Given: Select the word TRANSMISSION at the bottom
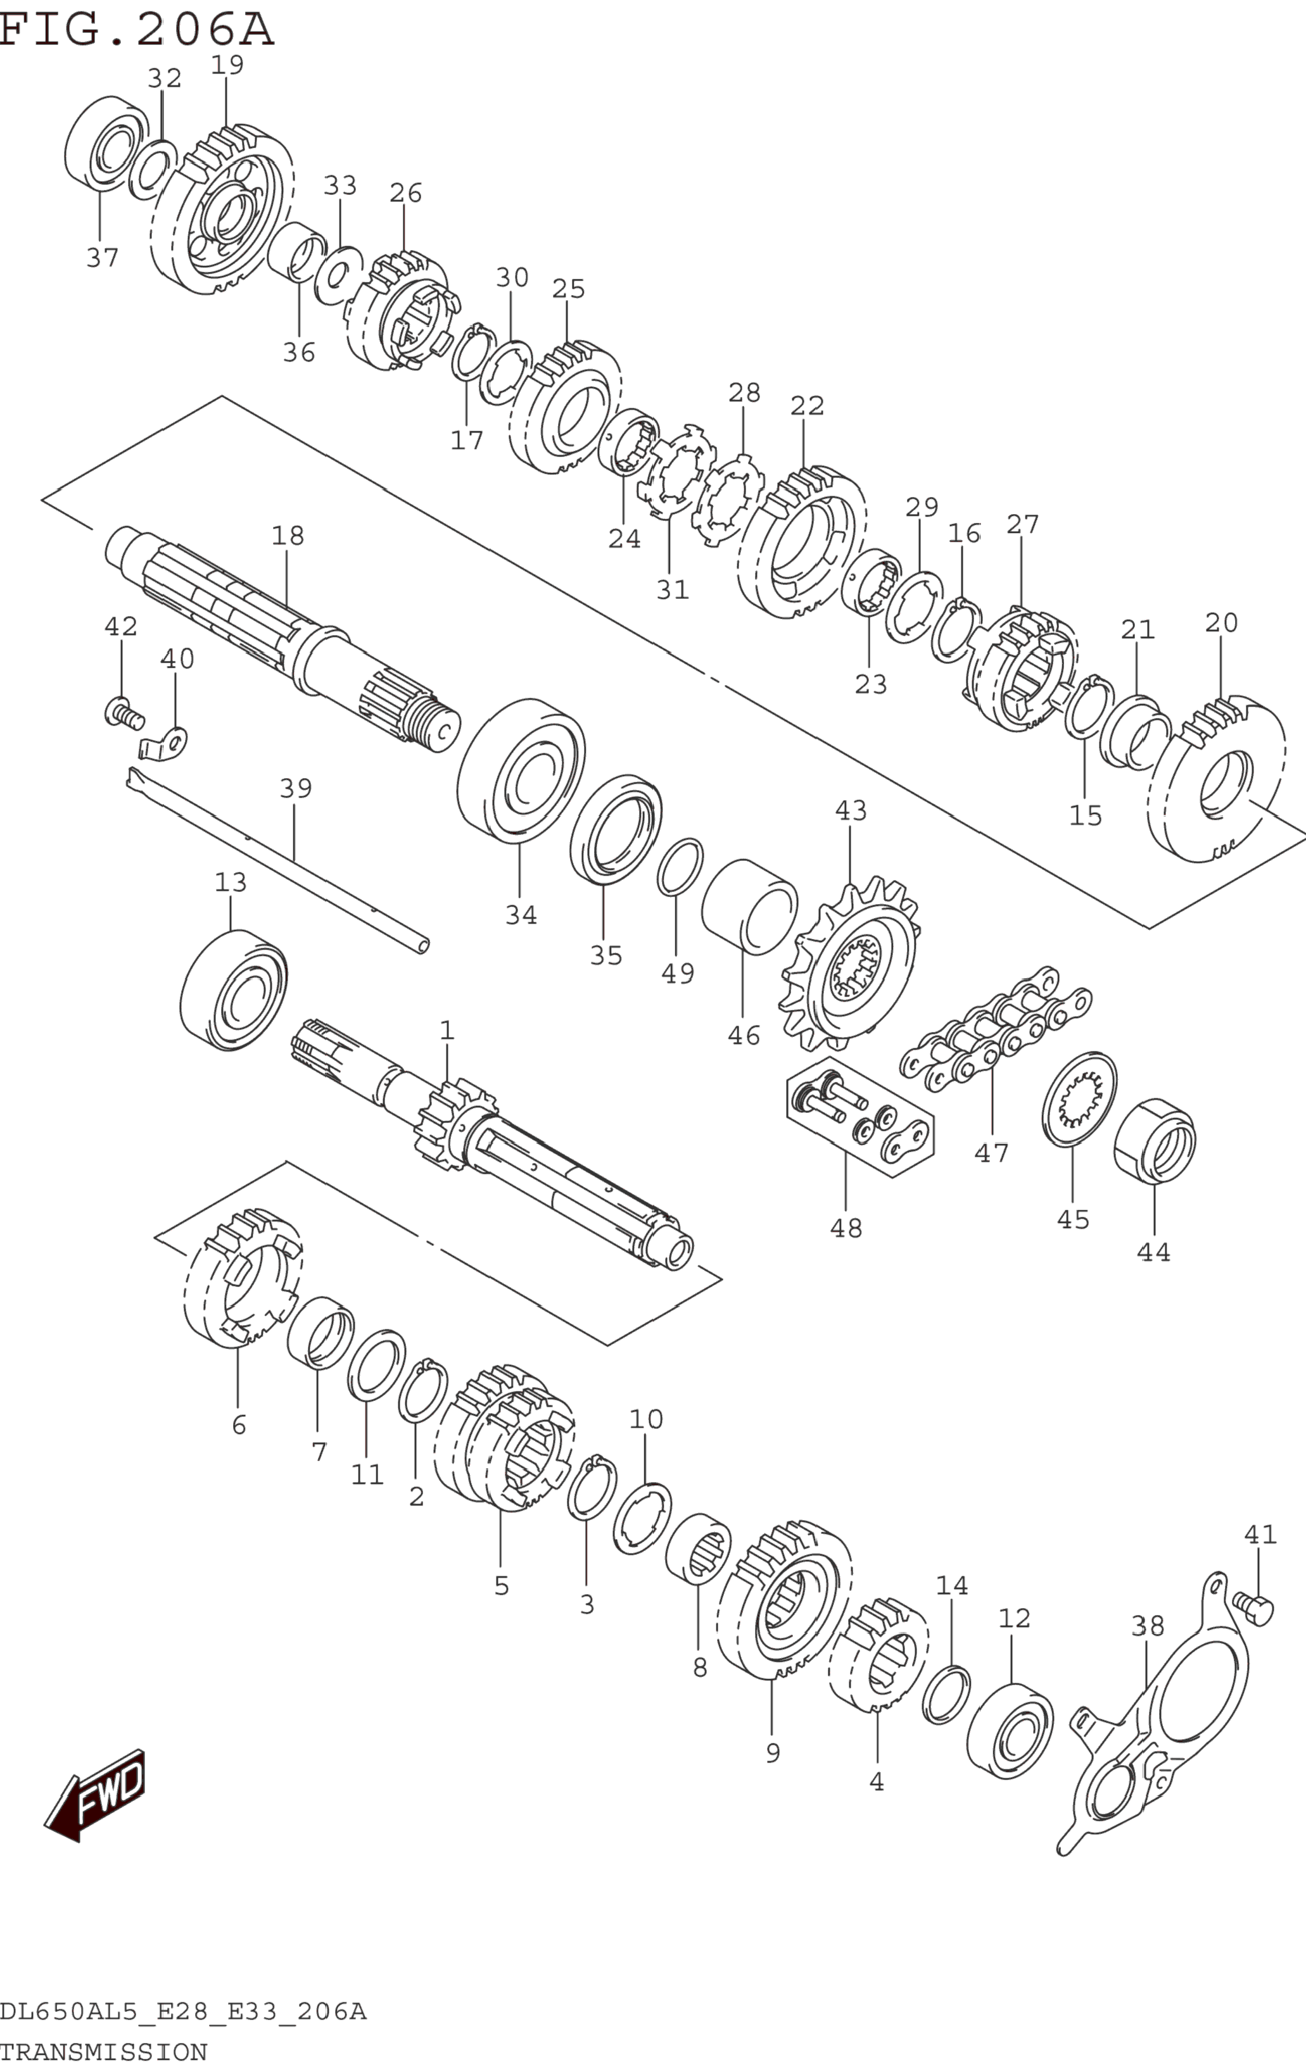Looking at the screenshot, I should (104, 2052).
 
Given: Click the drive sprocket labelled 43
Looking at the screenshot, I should (850, 965).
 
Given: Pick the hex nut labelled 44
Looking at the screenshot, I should (1155, 1141).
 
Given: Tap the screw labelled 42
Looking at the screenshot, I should (124, 712).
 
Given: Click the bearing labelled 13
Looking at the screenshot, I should (232, 990).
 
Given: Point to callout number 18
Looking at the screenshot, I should (288, 536).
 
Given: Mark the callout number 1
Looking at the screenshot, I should (447, 1030).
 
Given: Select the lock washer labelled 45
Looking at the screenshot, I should (1079, 1098).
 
